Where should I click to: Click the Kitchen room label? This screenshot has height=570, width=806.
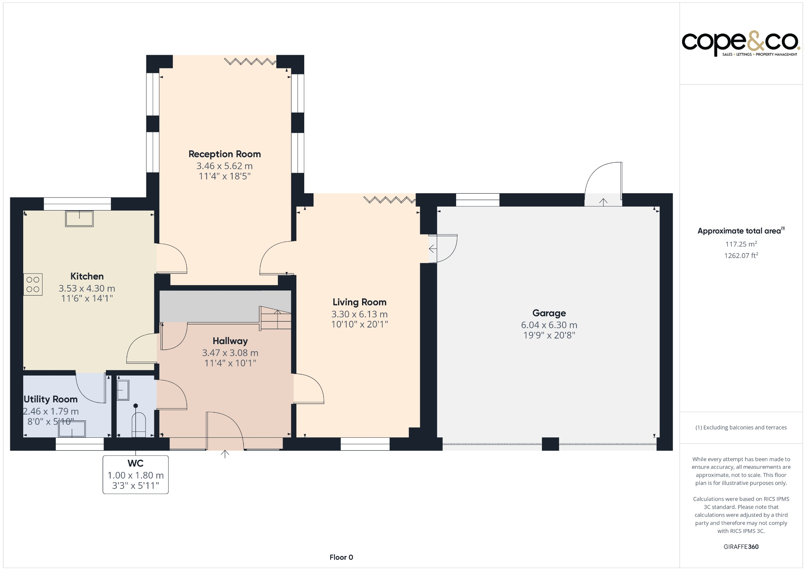tap(87, 276)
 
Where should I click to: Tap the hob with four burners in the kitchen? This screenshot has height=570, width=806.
tap(33, 284)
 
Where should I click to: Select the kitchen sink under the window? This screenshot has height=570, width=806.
tap(79, 219)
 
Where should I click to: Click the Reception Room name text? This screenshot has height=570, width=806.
tap(224, 154)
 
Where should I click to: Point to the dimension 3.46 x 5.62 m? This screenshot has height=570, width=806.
tap(224, 166)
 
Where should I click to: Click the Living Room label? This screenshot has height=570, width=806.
tap(359, 302)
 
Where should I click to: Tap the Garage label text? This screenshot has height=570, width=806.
tap(549, 313)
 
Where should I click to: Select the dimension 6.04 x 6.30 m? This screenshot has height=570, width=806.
tap(549, 325)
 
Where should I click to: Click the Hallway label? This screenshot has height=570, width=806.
tap(230, 341)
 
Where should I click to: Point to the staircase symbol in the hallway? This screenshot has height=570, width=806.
tap(275, 318)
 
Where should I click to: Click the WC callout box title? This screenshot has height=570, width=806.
tap(135, 463)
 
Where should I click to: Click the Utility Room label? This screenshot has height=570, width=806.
tap(51, 399)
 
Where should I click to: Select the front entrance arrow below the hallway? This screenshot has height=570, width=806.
tap(225, 454)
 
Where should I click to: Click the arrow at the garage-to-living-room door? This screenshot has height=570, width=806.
tap(433, 249)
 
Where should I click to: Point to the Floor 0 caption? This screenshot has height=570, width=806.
tap(341, 557)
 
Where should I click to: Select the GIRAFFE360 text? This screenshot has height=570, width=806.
tap(741, 546)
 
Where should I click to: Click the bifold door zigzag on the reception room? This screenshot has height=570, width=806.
tap(250, 61)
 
